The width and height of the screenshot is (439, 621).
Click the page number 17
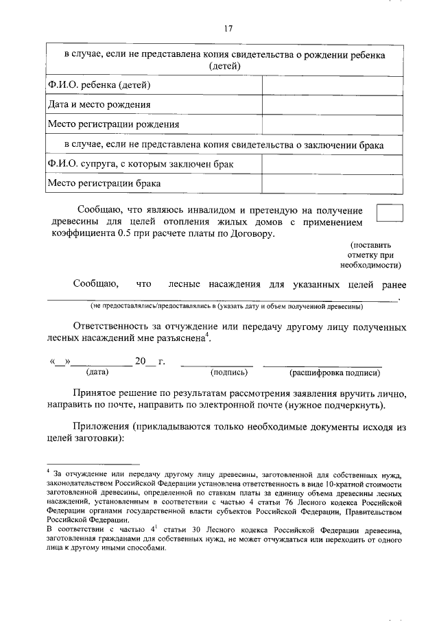pos(228,28)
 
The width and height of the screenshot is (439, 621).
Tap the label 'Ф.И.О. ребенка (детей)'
pos(99,85)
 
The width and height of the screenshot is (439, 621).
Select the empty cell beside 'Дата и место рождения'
pos(332,105)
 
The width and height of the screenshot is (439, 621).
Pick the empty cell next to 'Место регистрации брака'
pos(332,184)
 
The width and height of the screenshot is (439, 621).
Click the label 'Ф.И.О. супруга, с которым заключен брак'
pos(141,165)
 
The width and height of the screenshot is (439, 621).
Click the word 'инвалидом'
pos(202,210)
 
